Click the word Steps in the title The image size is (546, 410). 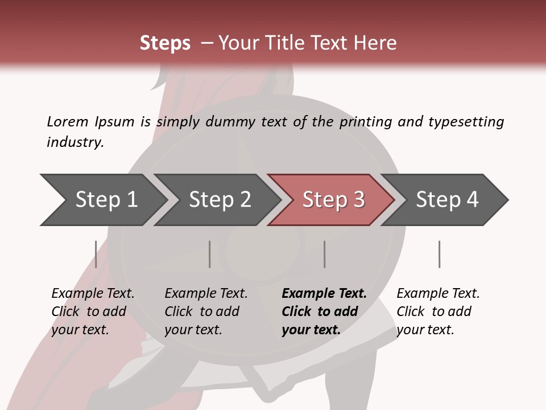[165, 43]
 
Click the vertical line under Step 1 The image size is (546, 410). [96, 254]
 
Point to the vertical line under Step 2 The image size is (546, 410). [210, 254]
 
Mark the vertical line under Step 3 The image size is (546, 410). [325, 254]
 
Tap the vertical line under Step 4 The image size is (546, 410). [440, 254]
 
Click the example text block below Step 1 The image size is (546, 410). [93, 311]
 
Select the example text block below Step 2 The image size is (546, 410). [206, 311]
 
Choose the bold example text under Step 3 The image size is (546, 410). [324, 311]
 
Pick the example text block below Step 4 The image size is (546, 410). [438, 311]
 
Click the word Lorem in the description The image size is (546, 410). [67, 122]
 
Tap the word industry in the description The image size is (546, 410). [75, 142]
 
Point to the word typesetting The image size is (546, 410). [466, 122]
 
